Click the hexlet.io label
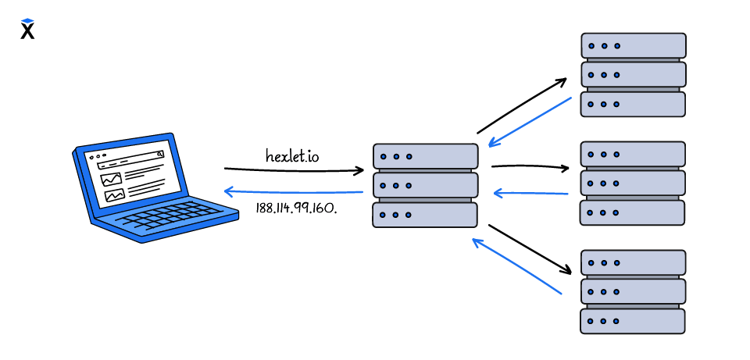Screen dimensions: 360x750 pyautogui.click(x=292, y=155)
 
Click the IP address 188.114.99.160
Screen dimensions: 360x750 pyautogui.click(x=296, y=208)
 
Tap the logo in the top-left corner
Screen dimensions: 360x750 pyautogui.click(x=28, y=29)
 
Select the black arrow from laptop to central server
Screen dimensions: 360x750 pyautogui.click(x=293, y=169)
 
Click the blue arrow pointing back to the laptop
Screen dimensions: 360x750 pyautogui.click(x=293, y=191)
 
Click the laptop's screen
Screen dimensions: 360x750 pyautogui.click(x=128, y=176)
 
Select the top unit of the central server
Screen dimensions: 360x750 pyautogui.click(x=425, y=155)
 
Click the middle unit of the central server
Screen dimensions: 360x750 pyautogui.click(x=425, y=185)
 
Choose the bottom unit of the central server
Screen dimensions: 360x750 pyautogui.click(x=425, y=214)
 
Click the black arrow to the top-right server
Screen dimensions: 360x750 pyautogui.click(x=522, y=105)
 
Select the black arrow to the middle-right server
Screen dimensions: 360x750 pyautogui.click(x=530, y=166)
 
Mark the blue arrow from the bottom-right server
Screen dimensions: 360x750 pyautogui.click(x=517, y=267)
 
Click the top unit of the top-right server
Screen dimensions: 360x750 pyautogui.click(x=634, y=45)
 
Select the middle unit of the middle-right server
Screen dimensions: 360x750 pyautogui.click(x=633, y=183)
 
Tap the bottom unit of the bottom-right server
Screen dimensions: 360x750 pyautogui.click(x=633, y=321)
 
